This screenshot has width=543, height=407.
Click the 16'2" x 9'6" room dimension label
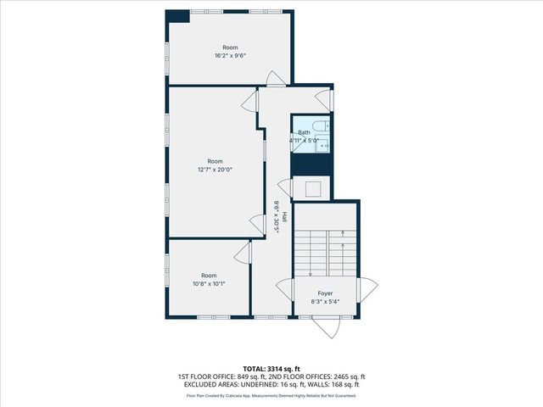(x=230, y=56)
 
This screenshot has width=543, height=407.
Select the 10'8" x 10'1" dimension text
(x=209, y=284)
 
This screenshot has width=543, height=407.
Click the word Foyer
(x=326, y=293)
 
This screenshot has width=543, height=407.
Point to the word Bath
(x=304, y=132)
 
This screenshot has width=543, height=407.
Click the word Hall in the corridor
(x=284, y=217)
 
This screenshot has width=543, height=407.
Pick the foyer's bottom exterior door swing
(x=326, y=327)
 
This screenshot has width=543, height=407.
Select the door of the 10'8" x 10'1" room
(x=244, y=253)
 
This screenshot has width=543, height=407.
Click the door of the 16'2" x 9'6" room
(x=276, y=79)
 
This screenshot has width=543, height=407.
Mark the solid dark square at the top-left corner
(x=177, y=16)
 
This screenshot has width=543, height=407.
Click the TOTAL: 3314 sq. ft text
(x=271, y=368)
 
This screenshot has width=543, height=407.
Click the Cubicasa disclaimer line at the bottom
(x=271, y=395)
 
